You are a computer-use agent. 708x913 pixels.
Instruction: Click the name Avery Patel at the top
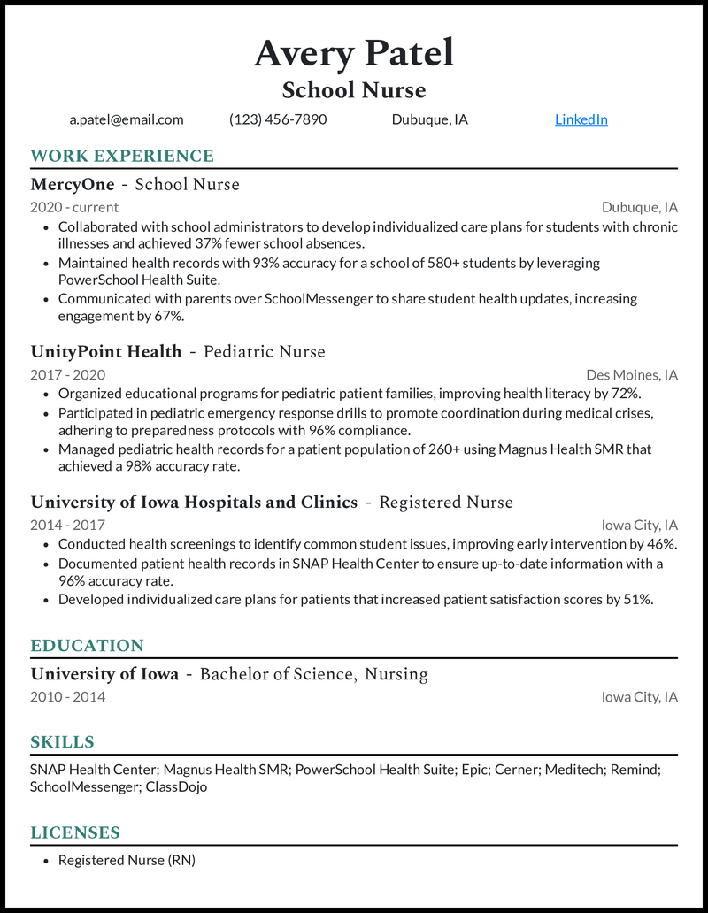[x=354, y=53]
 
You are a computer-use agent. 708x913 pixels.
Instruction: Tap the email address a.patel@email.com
[x=127, y=119]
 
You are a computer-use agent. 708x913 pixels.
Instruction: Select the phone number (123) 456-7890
[x=278, y=119]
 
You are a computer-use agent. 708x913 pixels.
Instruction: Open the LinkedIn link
[x=581, y=119]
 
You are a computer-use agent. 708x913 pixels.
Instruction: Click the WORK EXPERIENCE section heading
[x=122, y=157]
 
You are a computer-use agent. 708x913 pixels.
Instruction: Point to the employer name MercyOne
[x=73, y=185]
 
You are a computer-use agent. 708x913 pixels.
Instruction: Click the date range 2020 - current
[x=74, y=207]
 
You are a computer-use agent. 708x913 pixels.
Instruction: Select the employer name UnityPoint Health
[x=106, y=352]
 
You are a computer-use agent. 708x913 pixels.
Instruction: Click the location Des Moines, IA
[x=632, y=375]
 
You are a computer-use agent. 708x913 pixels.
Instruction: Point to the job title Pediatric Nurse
[x=265, y=352]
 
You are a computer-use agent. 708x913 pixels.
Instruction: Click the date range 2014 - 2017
[x=67, y=526]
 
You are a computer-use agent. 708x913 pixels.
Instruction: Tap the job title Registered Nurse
[x=446, y=503]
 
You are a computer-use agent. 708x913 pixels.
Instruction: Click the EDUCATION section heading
[x=87, y=646]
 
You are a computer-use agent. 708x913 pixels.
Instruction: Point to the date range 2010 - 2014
[x=67, y=697]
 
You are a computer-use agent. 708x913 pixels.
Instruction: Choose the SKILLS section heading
[x=62, y=742]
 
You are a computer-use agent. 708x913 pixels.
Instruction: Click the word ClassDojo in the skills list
[x=176, y=786]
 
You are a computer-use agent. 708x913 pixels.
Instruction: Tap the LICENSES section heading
[x=75, y=832]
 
